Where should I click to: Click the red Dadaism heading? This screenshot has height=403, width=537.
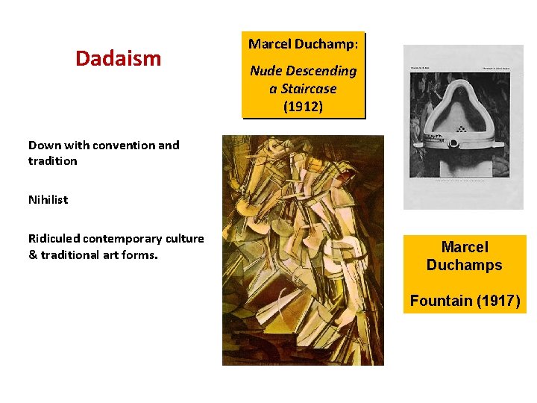click(x=118, y=58)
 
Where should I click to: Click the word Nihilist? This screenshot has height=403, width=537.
click(x=48, y=199)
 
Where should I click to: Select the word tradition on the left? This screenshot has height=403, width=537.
click(x=52, y=161)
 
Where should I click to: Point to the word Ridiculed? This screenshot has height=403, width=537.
click(x=54, y=239)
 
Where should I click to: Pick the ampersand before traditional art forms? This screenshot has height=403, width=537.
click(x=33, y=255)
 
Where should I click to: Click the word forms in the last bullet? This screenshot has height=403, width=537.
click(x=140, y=255)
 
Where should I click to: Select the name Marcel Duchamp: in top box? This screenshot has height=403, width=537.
click(x=303, y=45)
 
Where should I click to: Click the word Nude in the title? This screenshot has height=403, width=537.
click(x=266, y=71)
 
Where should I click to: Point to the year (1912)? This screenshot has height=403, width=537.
click(x=303, y=106)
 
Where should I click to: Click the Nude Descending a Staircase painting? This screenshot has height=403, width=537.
click(x=303, y=250)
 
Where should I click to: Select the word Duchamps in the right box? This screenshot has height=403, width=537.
click(x=464, y=265)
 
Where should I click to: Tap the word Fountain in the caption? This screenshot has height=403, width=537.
click(x=441, y=301)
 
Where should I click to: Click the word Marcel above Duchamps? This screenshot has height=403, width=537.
click(x=464, y=247)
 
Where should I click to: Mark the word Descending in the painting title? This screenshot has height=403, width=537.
click(x=320, y=71)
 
